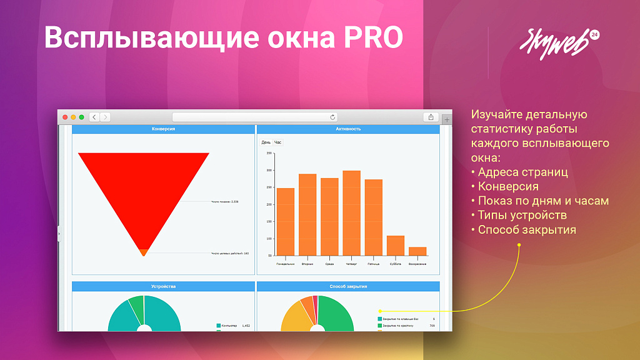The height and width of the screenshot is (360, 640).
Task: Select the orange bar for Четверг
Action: (x=351, y=213)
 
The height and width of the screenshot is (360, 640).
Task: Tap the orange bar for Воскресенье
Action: (x=417, y=251)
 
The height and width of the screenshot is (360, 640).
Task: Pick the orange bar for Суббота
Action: (x=396, y=246)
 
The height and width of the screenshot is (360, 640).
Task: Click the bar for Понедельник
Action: (x=286, y=222)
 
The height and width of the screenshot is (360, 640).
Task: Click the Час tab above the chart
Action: (x=278, y=142)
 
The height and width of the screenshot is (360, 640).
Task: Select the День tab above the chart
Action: (x=266, y=142)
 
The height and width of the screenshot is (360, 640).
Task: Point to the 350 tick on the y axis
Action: (x=269, y=153)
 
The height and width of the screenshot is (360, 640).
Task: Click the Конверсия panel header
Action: (x=163, y=129)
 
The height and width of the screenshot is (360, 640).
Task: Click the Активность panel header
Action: (x=348, y=129)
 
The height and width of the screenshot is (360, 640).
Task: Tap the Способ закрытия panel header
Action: (x=348, y=286)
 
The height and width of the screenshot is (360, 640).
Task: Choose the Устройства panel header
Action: (x=163, y=286)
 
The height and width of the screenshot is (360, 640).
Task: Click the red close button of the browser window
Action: (x=65, y=117)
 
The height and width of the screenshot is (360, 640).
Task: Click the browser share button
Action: (x=431, y=117)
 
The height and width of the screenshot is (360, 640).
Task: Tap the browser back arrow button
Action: (x=94, y=117)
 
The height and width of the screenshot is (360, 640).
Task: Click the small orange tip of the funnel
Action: (x=144, y=252)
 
